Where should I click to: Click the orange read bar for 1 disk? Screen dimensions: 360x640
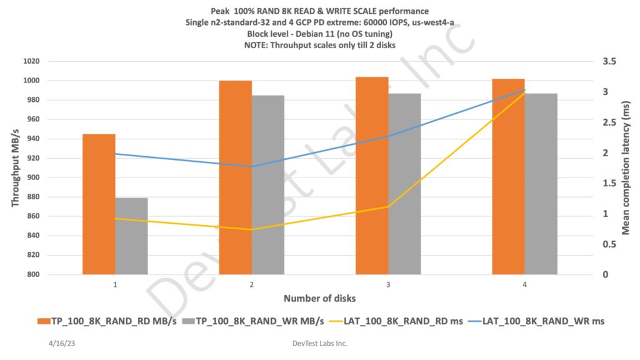[99, 204]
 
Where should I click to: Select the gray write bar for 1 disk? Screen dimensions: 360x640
[131, 236]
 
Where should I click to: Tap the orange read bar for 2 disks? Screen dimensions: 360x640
[235, 177]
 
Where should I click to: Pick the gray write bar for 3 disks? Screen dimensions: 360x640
[404, 184]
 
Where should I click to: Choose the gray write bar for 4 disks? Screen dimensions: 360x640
[541, 184]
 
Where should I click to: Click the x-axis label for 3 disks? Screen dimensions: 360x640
[388, 284]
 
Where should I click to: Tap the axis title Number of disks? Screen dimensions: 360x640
[320, 299]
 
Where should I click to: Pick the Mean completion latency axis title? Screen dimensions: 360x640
[626, 167]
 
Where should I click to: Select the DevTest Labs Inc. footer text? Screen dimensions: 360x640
[320, 343]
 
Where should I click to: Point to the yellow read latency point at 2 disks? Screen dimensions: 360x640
[252, 229]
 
